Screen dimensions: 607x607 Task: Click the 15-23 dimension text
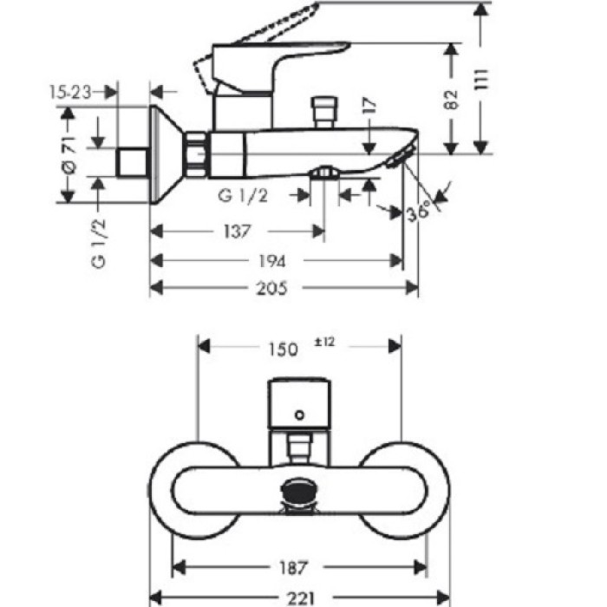coord(71,90)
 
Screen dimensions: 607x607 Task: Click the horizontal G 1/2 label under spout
coord(244,196)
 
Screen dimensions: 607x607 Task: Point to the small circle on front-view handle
coord(300,414)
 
